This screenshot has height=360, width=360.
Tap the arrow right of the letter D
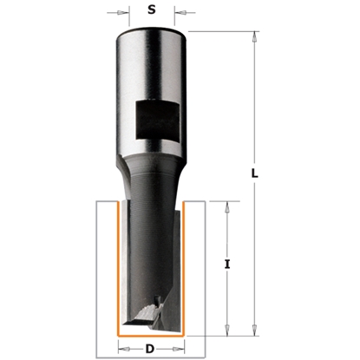click(x=178, y=350)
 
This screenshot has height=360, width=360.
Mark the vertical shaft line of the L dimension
click(x=255, y=104)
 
